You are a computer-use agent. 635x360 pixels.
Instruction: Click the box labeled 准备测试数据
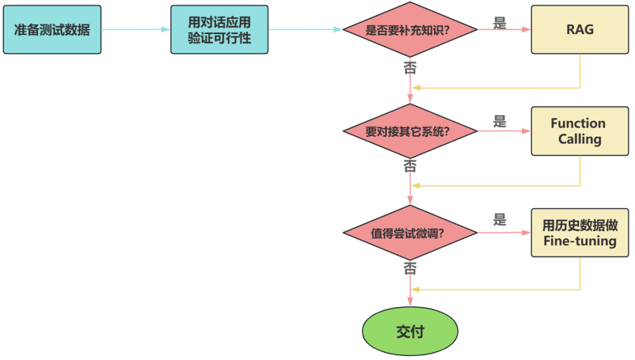(52, 29)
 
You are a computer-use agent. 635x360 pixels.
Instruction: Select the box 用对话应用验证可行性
(219, 29)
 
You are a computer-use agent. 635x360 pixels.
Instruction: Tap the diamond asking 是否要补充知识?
(410, 29)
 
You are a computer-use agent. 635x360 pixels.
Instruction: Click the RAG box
(580, 29)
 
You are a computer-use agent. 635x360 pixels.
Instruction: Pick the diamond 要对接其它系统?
(410, 131)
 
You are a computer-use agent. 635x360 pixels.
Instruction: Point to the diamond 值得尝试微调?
(410, 232)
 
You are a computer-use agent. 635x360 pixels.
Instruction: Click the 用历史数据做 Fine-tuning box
(580, 232)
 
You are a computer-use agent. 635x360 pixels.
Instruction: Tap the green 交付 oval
(410, 332)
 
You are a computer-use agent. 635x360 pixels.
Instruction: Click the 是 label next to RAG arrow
(500, 23)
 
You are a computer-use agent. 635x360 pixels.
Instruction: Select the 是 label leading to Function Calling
(500, 122)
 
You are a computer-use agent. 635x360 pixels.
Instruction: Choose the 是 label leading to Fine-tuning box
(500, 220)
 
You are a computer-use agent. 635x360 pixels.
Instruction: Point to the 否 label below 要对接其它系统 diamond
(410, 166)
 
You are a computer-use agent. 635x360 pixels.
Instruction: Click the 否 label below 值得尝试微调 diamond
(410, 268)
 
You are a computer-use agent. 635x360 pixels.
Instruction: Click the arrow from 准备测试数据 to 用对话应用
(135, 29)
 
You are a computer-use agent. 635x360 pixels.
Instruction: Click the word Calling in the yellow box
(580, 139)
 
